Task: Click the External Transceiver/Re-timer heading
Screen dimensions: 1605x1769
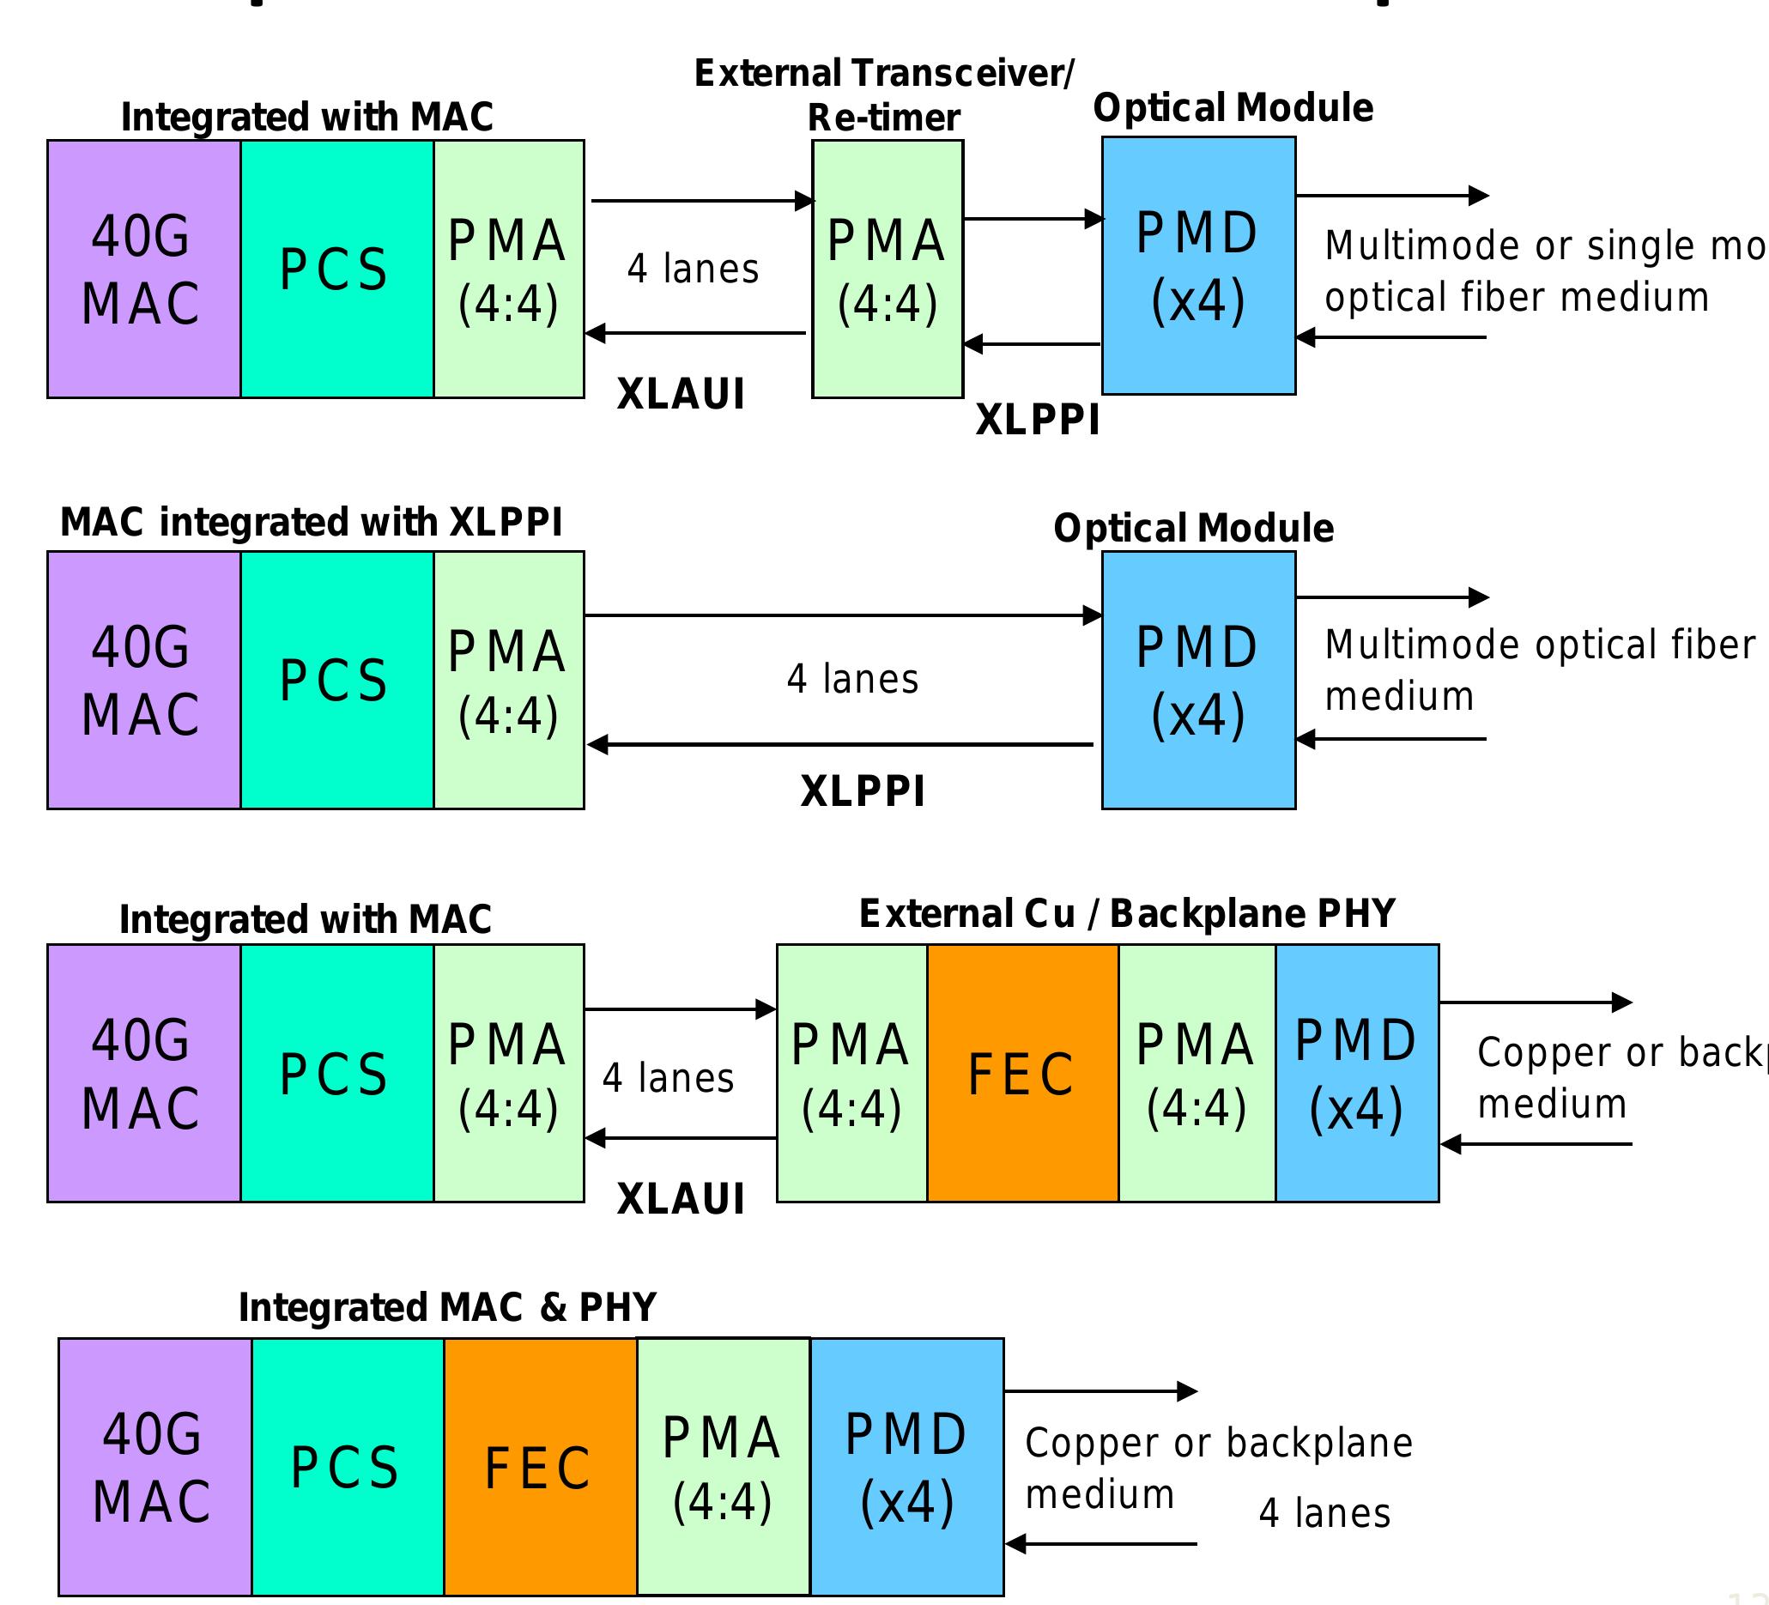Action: point(882,94)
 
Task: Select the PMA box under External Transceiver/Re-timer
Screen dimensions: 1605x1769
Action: point(888,270)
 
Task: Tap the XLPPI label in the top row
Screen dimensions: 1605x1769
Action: point(1037,420)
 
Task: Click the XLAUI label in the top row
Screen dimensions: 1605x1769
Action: point(681,393)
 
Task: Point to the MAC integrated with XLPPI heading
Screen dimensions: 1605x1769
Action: point(311,522)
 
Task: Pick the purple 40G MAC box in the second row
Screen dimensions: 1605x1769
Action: point(144,680)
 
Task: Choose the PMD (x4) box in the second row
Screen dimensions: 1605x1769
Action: point(1198,680)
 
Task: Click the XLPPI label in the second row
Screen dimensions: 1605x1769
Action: point(863,791)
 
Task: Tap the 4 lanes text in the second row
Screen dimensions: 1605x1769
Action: point(852,679)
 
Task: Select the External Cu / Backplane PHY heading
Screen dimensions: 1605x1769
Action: point(1127,913)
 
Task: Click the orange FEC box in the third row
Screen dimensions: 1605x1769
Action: point(1022,1073)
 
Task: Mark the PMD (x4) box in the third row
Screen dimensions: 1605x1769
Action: point(1357,1073)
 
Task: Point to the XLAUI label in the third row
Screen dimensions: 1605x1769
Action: point(681,1199)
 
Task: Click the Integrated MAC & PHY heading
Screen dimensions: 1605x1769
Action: point(447,1307)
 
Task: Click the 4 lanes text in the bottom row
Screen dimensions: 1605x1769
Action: point(1324,1514)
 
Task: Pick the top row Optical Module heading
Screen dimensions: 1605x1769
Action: point(1233,108)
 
